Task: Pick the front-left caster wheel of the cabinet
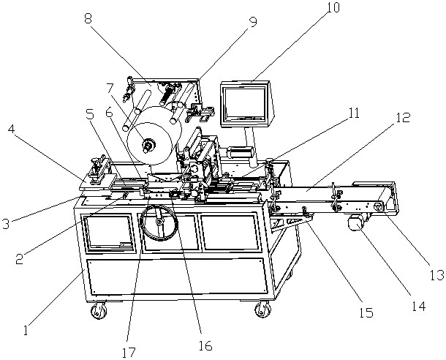(97, 314)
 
